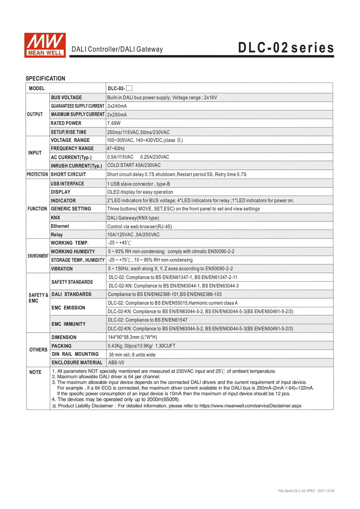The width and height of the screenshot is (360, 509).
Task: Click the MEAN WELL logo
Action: (45, 45)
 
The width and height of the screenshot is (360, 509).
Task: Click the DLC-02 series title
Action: (286, 48)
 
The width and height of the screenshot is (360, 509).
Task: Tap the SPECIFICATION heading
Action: (45, 79)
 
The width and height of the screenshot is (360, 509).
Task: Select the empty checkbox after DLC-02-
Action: (129, 88)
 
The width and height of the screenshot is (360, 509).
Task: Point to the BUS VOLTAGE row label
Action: (66, 97)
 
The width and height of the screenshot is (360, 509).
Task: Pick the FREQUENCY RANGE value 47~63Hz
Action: (116, 148)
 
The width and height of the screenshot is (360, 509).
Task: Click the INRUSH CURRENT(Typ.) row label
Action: (76, 166)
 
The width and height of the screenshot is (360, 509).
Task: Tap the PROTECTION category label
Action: (37, 174)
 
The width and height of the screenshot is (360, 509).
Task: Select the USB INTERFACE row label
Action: (67, 184)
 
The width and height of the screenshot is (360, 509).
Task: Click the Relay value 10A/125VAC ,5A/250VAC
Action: (133, 235)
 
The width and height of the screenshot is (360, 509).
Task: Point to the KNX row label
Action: (55, 218)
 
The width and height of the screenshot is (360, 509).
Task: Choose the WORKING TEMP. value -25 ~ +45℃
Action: (120, 243)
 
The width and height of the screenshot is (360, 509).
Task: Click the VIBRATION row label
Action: (62, 269)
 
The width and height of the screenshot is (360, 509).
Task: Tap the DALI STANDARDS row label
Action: (71, 294)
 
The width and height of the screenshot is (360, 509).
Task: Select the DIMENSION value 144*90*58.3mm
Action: (132, 337)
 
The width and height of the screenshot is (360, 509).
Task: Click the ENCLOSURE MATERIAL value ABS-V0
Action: (116, 363)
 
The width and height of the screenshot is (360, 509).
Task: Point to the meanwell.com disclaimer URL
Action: (250, 406)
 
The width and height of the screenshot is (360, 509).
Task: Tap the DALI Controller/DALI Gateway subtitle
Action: (117, 49)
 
